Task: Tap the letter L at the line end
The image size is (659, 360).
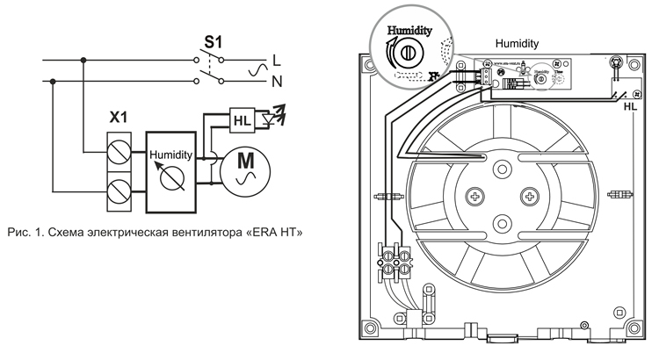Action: click(277, 61)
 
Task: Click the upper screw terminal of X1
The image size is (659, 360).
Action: click(118, 156)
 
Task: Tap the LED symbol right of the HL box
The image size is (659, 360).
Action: click(275, 113)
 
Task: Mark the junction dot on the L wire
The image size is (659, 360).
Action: click(83, 61)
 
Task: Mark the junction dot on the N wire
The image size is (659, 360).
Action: click(54, 83)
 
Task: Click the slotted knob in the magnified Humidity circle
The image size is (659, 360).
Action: click(406, 54)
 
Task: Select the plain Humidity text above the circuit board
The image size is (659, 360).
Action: click(517, 42)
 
